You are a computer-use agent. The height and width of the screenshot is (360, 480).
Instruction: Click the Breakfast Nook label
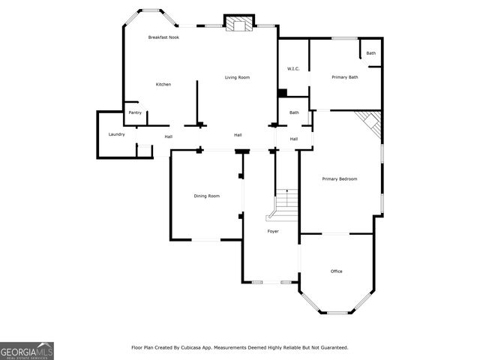click(163, 37)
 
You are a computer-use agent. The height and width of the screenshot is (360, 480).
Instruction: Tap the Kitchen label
click(163, 84)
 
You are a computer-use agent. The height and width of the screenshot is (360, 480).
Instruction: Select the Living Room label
click(238, 77)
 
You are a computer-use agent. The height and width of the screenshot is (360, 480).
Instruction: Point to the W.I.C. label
click(293, 69)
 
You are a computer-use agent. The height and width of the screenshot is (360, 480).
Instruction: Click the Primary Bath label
click(345, 77)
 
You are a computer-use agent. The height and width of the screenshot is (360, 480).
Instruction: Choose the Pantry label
click(135, 112)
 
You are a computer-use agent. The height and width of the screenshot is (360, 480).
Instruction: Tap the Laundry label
click(116, 134)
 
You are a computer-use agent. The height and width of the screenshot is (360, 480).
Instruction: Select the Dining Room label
click(207, 196)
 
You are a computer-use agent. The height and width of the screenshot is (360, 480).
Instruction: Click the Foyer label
click(273, 231)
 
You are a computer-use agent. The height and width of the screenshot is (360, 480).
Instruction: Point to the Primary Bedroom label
click(339, 178)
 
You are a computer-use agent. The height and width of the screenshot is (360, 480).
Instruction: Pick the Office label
click(337, 271)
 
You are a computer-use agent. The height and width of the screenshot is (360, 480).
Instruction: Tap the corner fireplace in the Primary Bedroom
click(370, 123)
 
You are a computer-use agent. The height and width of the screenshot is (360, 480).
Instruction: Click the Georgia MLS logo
click(27, 350)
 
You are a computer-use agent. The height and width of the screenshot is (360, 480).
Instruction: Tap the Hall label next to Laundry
click(169, 136)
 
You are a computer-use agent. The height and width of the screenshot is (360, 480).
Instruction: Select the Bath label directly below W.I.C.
click(294, 112)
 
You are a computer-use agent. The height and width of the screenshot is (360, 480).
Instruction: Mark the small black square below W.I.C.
click(282, 93)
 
